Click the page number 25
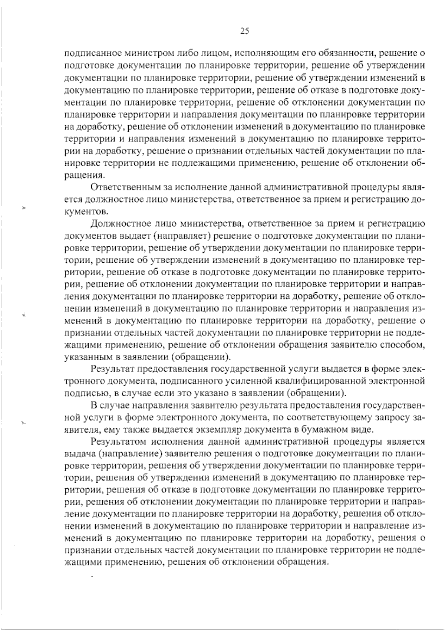coord(245,31)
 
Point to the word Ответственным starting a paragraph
coord(118,187)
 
